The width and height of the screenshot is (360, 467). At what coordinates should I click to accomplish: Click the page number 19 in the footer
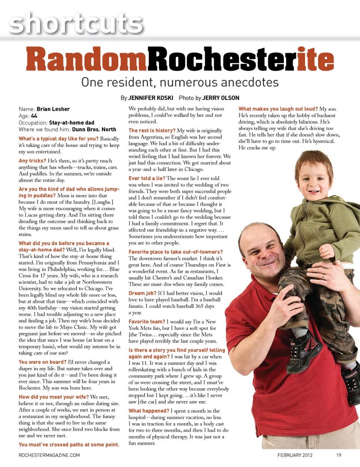point(339,455)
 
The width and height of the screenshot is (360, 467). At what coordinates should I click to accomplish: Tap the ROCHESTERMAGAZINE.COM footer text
point(49,455)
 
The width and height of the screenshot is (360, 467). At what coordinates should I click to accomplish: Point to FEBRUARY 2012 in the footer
point(295,455)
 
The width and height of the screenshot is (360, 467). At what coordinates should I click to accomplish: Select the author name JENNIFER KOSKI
point(151,98)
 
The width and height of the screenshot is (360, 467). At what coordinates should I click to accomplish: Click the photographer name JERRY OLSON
point(220,98)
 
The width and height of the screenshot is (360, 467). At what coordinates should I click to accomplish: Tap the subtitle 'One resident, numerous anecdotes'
point(180,82)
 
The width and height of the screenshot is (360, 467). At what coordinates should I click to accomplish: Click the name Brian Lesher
point(53,109)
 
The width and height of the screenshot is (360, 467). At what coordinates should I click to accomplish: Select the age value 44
point(34,116)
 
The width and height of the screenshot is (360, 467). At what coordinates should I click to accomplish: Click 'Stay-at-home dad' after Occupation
point(72,123)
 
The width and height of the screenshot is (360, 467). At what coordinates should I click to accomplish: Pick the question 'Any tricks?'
point(33,161)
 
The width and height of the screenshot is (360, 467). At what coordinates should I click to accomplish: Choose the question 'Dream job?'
point(142,293)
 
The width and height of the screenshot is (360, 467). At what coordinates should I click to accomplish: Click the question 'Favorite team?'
point(147,321)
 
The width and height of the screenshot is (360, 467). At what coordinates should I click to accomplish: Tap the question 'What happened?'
point(149,411)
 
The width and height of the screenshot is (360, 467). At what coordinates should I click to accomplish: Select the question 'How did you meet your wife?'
point(54,397)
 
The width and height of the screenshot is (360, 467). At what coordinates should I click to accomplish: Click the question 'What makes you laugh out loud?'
point(278,109)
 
